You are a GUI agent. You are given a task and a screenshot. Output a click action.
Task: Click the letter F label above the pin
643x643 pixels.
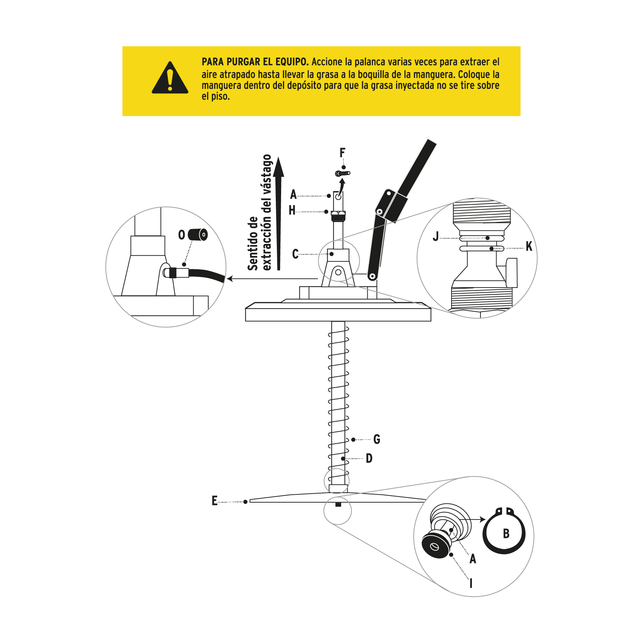(342, 153)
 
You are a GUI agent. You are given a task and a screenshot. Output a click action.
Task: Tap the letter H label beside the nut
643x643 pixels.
(292, 210)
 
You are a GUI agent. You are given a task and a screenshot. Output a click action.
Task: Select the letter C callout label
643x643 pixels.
(295, 254)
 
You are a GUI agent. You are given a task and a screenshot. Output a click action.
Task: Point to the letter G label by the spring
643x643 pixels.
(377, 439)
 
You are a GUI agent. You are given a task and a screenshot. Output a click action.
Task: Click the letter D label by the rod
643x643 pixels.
(369, 458)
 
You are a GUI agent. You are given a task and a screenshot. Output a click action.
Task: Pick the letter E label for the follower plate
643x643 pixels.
(214, 500)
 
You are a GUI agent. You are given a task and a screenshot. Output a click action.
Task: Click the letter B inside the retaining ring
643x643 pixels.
(506, 534)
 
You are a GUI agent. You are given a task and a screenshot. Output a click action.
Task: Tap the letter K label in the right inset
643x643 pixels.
(529, 246)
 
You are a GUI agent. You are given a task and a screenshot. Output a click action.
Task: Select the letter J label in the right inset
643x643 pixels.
(435, 236)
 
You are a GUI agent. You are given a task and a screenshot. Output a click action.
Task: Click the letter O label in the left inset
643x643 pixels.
(181, 235)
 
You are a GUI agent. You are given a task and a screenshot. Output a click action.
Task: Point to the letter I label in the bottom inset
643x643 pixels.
(471, 583)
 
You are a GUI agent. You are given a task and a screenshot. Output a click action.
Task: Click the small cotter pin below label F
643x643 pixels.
(343, 174)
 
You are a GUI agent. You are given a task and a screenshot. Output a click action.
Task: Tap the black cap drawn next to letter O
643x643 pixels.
(198, 235)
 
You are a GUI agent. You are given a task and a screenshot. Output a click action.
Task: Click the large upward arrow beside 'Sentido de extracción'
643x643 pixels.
(279, 214)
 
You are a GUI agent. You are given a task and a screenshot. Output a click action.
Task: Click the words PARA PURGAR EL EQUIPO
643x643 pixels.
(255, 62)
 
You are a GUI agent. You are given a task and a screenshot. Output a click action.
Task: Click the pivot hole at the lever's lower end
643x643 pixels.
(373, 276)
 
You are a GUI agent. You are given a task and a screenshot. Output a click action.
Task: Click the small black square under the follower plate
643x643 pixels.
(338, 505)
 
